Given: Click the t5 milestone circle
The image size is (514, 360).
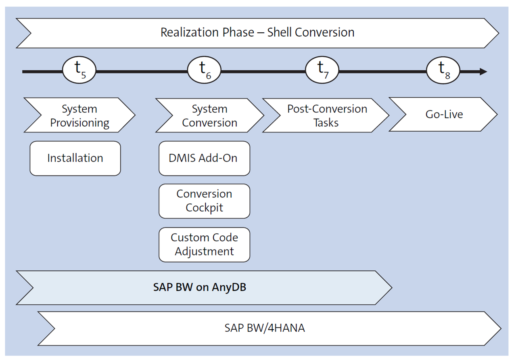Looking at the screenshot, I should [x=79, y=71].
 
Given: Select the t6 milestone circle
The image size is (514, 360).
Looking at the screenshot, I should [x=205, y=71].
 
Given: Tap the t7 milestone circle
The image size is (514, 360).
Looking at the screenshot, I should [x=322, y=71].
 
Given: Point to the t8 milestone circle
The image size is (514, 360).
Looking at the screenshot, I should [x=443, y=71].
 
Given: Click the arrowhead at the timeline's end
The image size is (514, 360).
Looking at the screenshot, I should [x=483, y=72].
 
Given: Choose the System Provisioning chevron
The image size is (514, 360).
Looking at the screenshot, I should [x=79, y=115].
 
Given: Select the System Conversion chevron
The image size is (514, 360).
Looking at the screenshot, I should [x=209, y=115].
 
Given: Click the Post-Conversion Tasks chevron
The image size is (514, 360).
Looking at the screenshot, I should [x=327, y=115].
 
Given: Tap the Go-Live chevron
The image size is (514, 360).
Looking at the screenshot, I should [x=444, y=114].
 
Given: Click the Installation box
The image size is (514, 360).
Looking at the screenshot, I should [x=75, y=158].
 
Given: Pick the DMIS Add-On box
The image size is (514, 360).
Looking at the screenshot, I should [x=204, y=158].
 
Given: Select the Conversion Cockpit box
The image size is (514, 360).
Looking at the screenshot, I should [x=204, y=201].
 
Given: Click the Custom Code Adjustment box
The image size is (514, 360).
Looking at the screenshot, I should [x=204, y=245].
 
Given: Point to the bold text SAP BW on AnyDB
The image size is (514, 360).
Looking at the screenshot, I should [x=200, y=287].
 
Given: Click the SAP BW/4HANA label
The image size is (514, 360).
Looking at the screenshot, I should [x=265, y=328].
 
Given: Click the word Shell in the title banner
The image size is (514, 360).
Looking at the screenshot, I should [x=281, y=32].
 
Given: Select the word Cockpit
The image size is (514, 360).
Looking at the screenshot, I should [x=204, y=208].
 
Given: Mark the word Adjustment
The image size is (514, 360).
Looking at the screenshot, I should [x=204, y=251].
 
